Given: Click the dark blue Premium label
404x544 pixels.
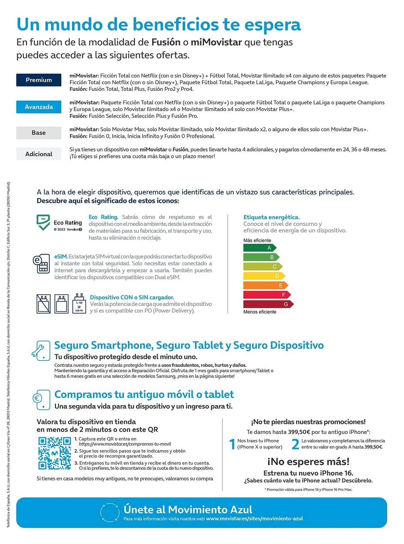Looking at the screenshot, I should [39, 80].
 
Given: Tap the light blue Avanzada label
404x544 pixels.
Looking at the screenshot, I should [39, 107].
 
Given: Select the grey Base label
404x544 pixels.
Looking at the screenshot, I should [39, 133].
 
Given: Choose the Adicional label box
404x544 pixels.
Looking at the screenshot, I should [39, 154].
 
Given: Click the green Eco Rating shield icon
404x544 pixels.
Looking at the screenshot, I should [43, 222].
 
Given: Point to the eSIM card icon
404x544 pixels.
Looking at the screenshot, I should [41, 263].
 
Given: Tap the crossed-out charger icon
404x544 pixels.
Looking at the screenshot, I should [44, 304].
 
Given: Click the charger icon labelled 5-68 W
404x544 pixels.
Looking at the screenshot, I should [79, 304].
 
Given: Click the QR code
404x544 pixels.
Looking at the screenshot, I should [54, 453].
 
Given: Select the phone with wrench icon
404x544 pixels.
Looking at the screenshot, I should [41, 351].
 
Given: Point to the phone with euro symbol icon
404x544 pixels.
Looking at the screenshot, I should [42, 400].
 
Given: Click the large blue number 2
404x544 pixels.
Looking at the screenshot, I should [295, 444].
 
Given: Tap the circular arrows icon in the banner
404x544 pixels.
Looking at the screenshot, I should [110, 512].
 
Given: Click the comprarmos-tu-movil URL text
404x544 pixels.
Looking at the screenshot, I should [125, 444].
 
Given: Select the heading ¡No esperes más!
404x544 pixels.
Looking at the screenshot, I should [308, 462].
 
